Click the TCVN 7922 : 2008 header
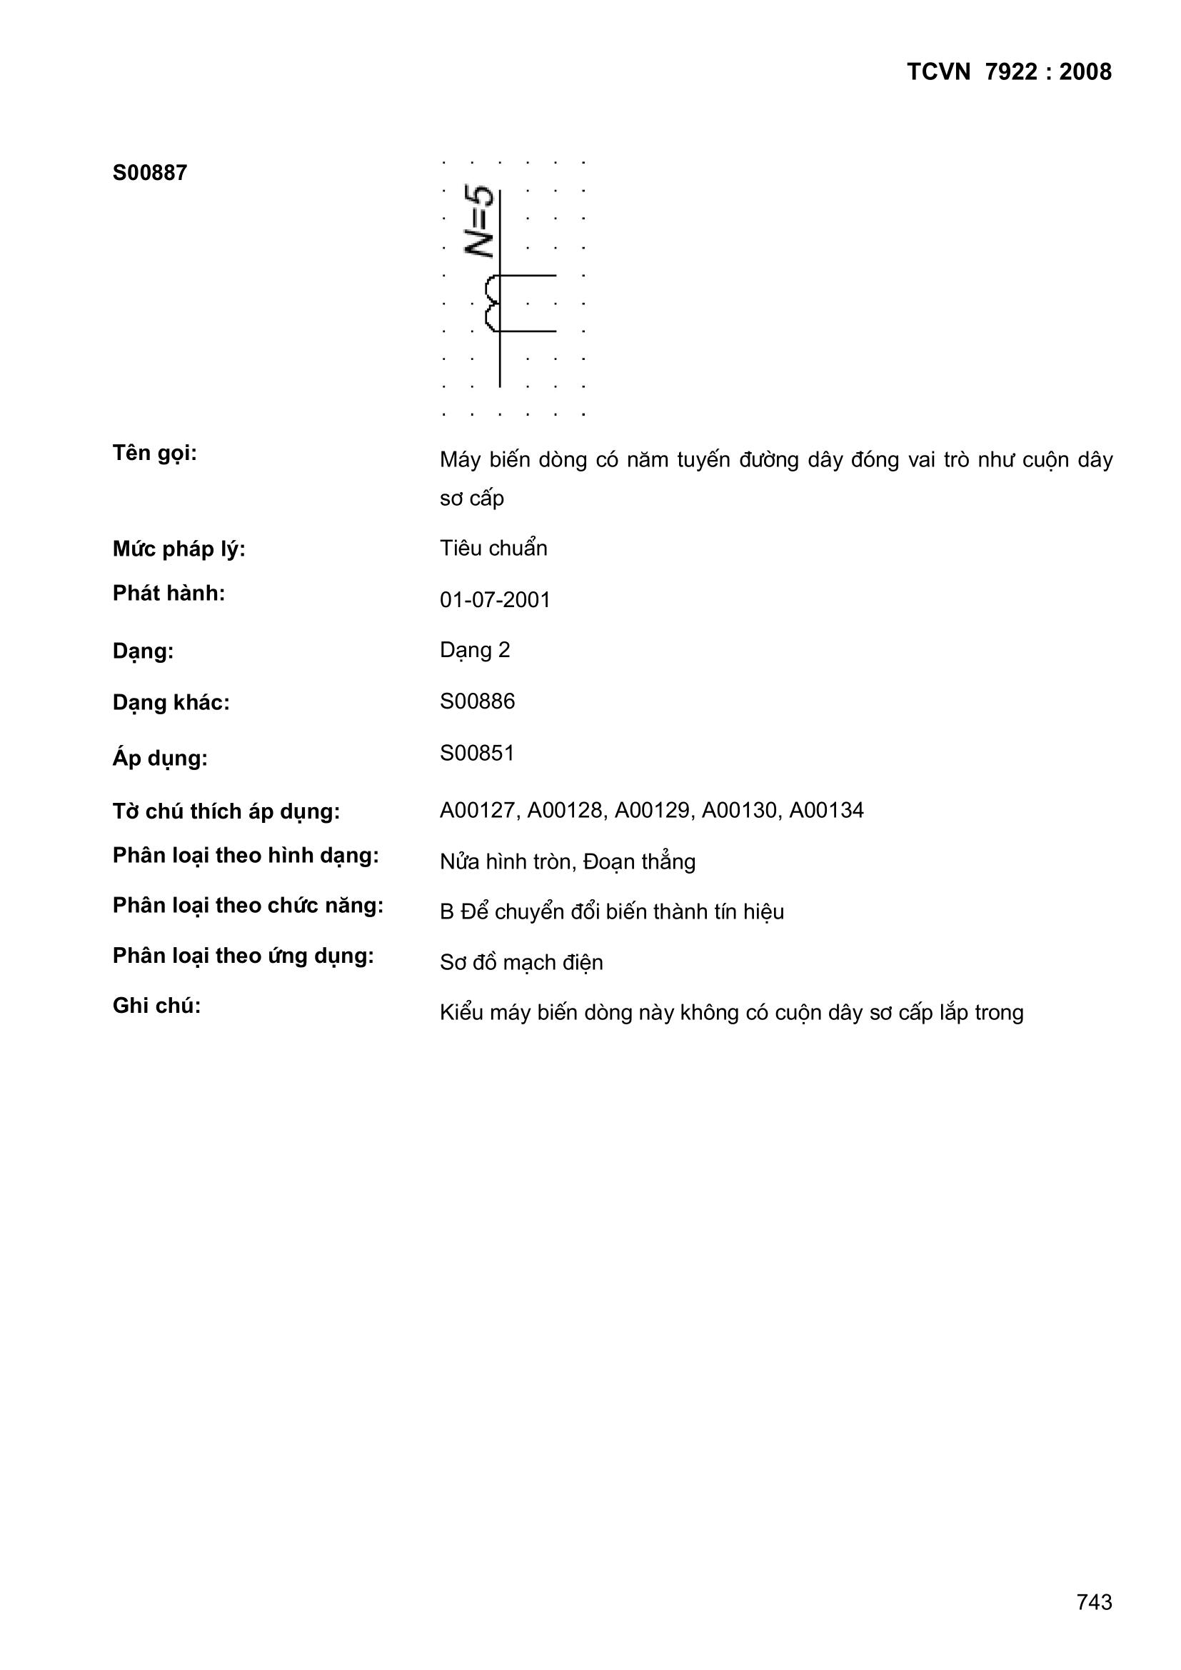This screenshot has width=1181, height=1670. [1009, 72]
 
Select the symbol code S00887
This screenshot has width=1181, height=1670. [150, 173]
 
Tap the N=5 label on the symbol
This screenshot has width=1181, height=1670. [479, 222]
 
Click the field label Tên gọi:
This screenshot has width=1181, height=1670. [154, 453]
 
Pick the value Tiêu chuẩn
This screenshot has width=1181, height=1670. [493, 549]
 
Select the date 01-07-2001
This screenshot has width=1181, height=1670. [495, 600]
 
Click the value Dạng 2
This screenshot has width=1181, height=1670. [475, 650]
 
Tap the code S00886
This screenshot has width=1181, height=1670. [477, 702]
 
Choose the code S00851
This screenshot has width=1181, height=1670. [477, 754]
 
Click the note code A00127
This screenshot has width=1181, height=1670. [478, 810]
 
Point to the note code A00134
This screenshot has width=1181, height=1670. [827, 810]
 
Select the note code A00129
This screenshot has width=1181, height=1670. [653, 810]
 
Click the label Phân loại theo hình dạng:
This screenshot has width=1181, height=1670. [246, 856]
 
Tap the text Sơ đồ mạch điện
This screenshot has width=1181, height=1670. [521, 963]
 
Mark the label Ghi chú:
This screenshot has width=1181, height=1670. [156, 1006]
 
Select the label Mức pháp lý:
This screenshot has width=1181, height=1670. [179, 550]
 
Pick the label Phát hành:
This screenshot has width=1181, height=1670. [169, 594]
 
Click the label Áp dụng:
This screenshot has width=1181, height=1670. [160, 759]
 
